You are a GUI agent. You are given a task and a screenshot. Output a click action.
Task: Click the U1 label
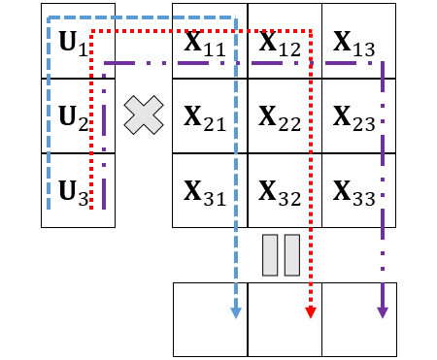pyautogui.click(x=74, y=44)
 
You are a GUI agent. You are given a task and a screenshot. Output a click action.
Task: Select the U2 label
pyautogui.click(x=74, y=118)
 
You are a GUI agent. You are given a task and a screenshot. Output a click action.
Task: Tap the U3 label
pyautogui.click(x=74, y=193)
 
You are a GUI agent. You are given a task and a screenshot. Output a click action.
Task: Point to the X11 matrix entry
pyautogui.click(x=205, y=44)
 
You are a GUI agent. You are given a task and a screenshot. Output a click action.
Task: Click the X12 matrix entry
pyautogui.click(x=280, y=44)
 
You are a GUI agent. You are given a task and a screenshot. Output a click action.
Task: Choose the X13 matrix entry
pyautogui.click(x=354, y=44)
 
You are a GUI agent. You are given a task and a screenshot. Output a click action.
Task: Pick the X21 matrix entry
pyautogui.click(x=205, y=118)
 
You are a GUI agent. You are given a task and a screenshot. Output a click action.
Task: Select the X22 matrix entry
pyautogui.click(x=280, y=118)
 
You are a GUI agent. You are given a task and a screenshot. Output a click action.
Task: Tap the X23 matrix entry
pyautogui.click(x=354, y=118)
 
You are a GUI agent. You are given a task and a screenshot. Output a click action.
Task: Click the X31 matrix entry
pyautogui.click(x=205, y=193)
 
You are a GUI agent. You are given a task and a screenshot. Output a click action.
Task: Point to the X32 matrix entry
pyautogui.click(x=280, y=193)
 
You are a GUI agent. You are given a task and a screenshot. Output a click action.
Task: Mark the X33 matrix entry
pyautogui.click(x=354, y=193)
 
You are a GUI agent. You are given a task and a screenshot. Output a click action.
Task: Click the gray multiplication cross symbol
pyautogui.click(x=144, y=115)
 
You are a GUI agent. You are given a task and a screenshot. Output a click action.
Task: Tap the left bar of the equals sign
pyautogui.click(x=270, y=255)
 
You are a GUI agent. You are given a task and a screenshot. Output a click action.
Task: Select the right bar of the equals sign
pyautogui.click(x=292, y=255)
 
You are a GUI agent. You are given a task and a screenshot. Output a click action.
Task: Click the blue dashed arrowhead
pyautogui.click(x=236, y=313)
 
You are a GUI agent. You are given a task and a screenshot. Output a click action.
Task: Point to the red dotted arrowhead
pyautogui.click(x=311, y=313)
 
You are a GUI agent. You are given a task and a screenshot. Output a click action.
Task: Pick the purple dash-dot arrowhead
pyautogui.click(x=383, y=313)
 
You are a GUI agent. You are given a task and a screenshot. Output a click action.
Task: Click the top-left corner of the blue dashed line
pyautogui.click(x=49, y=17)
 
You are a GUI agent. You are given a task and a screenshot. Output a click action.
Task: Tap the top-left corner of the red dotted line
pyautogui.click(x=91, y=31)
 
